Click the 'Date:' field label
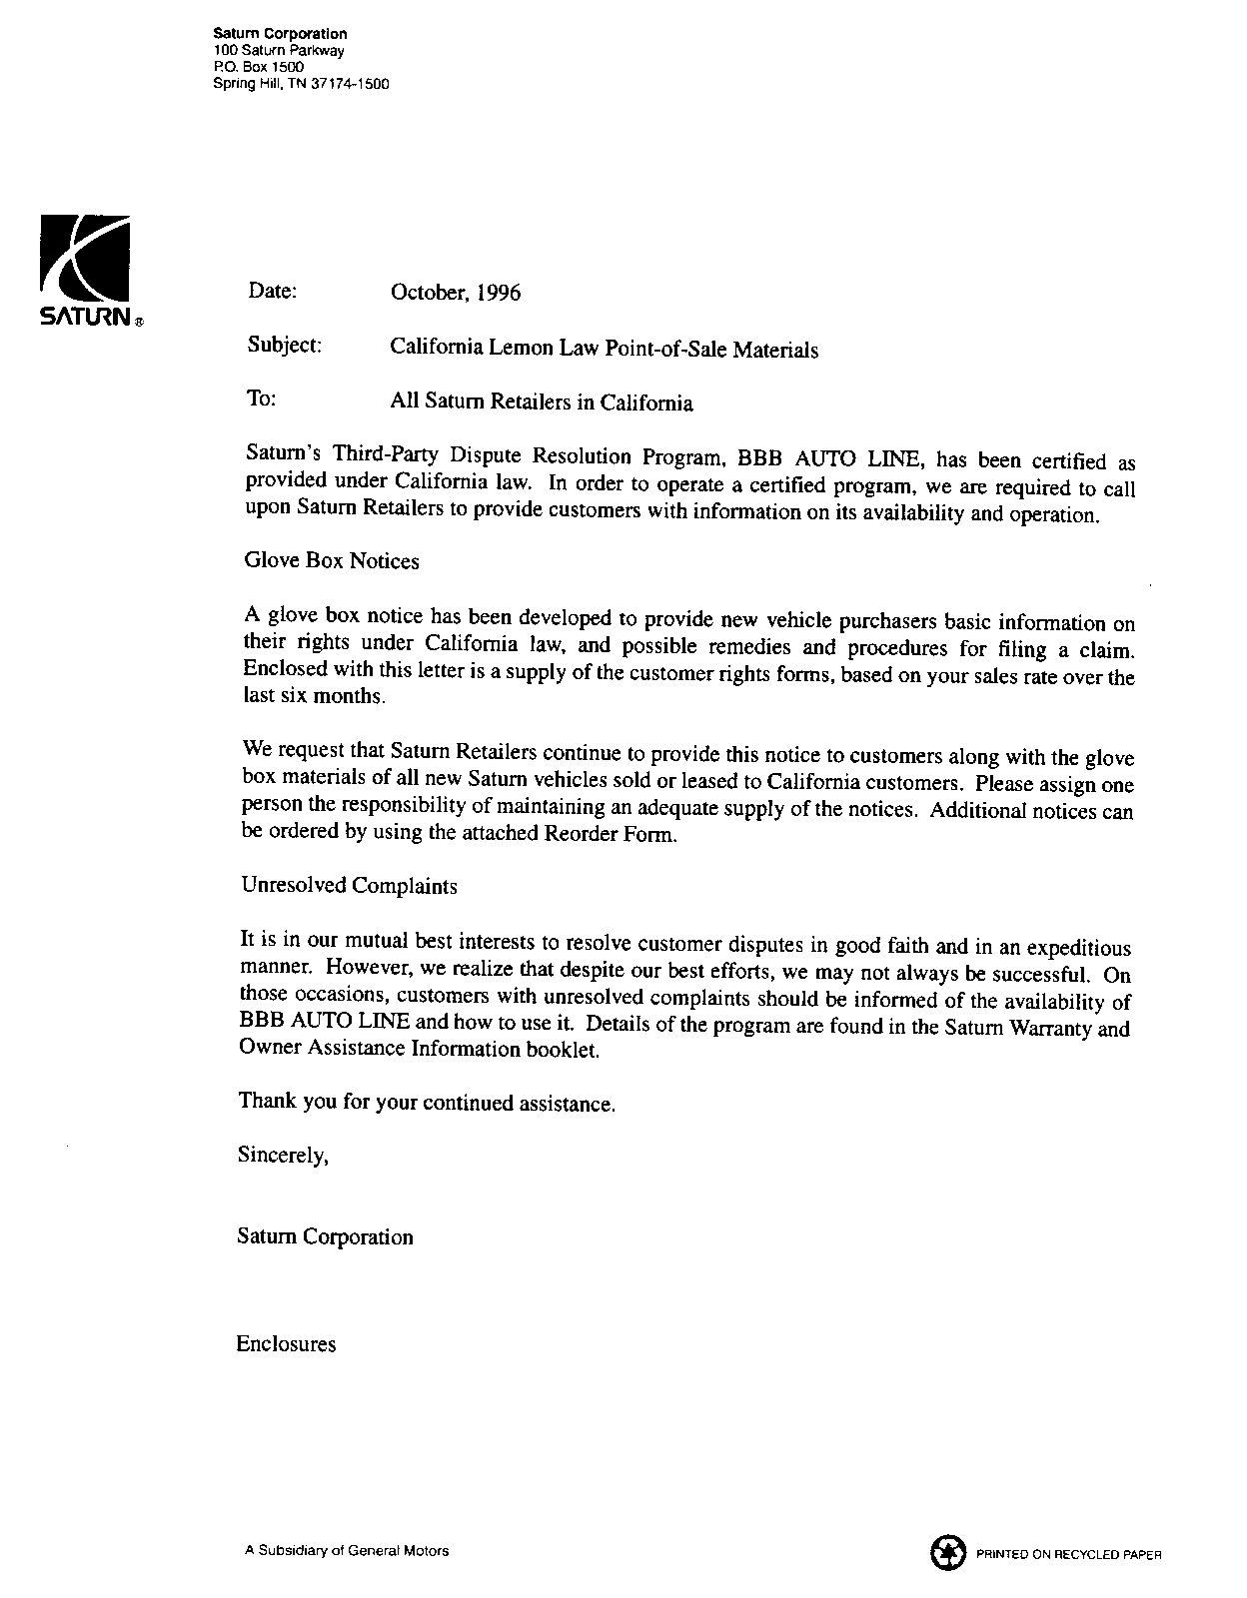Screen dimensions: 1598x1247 click(272, 291)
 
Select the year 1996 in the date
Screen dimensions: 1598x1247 click(499, 293)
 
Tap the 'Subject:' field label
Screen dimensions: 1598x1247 click(284, 346)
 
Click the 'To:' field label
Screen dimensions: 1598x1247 click(261, 399)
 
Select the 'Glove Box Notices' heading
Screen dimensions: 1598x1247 click(332, 561)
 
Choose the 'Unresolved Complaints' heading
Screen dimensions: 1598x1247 click(350, 886)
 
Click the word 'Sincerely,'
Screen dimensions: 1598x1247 click(283, 1156)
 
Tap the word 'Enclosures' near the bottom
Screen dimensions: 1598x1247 click(286, 1344)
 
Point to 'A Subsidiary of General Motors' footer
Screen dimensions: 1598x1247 click(347, 1551)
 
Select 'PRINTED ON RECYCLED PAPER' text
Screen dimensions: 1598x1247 click(1069, 1555)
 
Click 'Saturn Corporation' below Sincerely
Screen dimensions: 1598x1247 click(325, 1237)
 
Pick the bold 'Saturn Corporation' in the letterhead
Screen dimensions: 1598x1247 click(281, 34)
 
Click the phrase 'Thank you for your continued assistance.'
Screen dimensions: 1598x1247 click(427, 1103)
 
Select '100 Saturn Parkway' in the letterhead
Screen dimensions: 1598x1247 click(279, 50)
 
